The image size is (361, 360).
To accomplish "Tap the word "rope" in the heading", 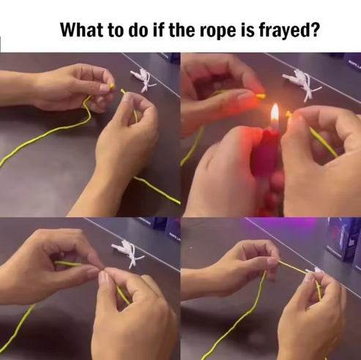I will pyautogui.click(x=227, y=31).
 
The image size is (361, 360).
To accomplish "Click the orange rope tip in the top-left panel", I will pyautogui.click(x=112, y=86).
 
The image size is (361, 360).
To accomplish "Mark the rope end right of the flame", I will pyautogui.click(x=289, y=114).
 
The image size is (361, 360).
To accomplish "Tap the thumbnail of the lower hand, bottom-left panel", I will pyautogui.click(x=103, y=279).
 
